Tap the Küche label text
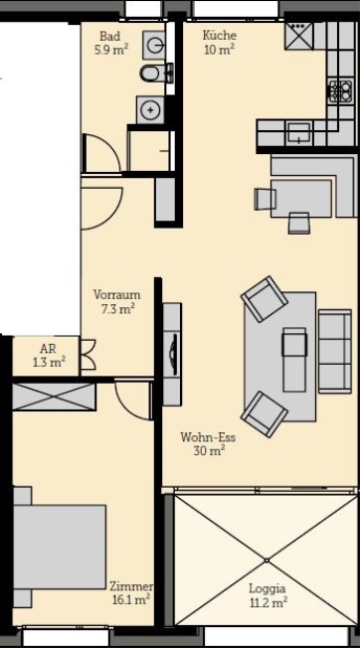click(219, 35)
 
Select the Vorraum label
click(116, 294)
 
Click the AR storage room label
click(47, 349)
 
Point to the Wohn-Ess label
click(207, 437)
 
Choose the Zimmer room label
click(129, 585)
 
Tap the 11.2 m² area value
click(267, 601)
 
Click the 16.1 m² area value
click(130, 599)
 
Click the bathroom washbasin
click(155, 43)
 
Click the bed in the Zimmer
click(60, 548)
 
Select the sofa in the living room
click(334, 349)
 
